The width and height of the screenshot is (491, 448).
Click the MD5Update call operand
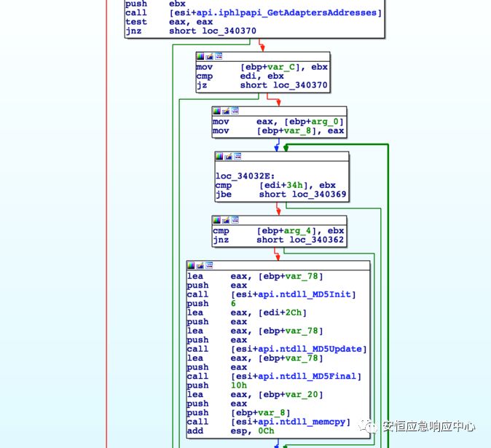point(299,349)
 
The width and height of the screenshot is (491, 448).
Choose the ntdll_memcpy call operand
point(291,422)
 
